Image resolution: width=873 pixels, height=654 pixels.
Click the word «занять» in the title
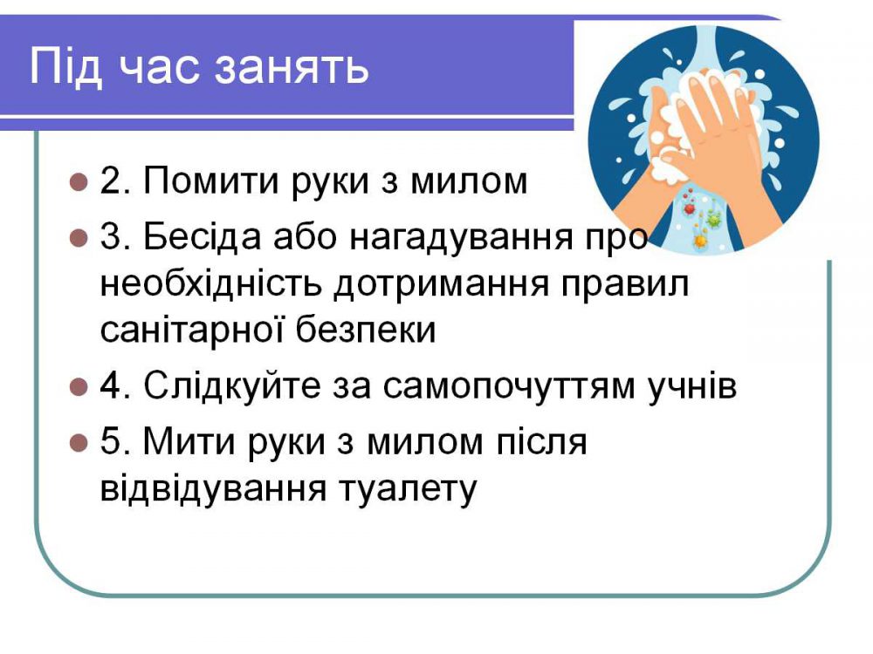tap(292, 67)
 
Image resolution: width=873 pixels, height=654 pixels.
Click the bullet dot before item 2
tap(79, 182)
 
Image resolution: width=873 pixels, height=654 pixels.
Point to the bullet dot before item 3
tap(79, 237)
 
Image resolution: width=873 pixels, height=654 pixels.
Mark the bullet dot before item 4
tap(79, 386)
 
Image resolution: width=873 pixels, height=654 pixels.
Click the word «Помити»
tap(211, 181)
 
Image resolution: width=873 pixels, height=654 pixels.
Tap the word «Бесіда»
tap(203, 235)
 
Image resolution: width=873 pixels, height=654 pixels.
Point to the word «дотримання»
tap(442, 283)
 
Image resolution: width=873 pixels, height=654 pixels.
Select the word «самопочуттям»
tap(509, 388)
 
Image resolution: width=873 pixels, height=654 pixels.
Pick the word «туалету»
tap(408, 490)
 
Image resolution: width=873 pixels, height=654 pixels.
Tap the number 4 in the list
tap(111, 385)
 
